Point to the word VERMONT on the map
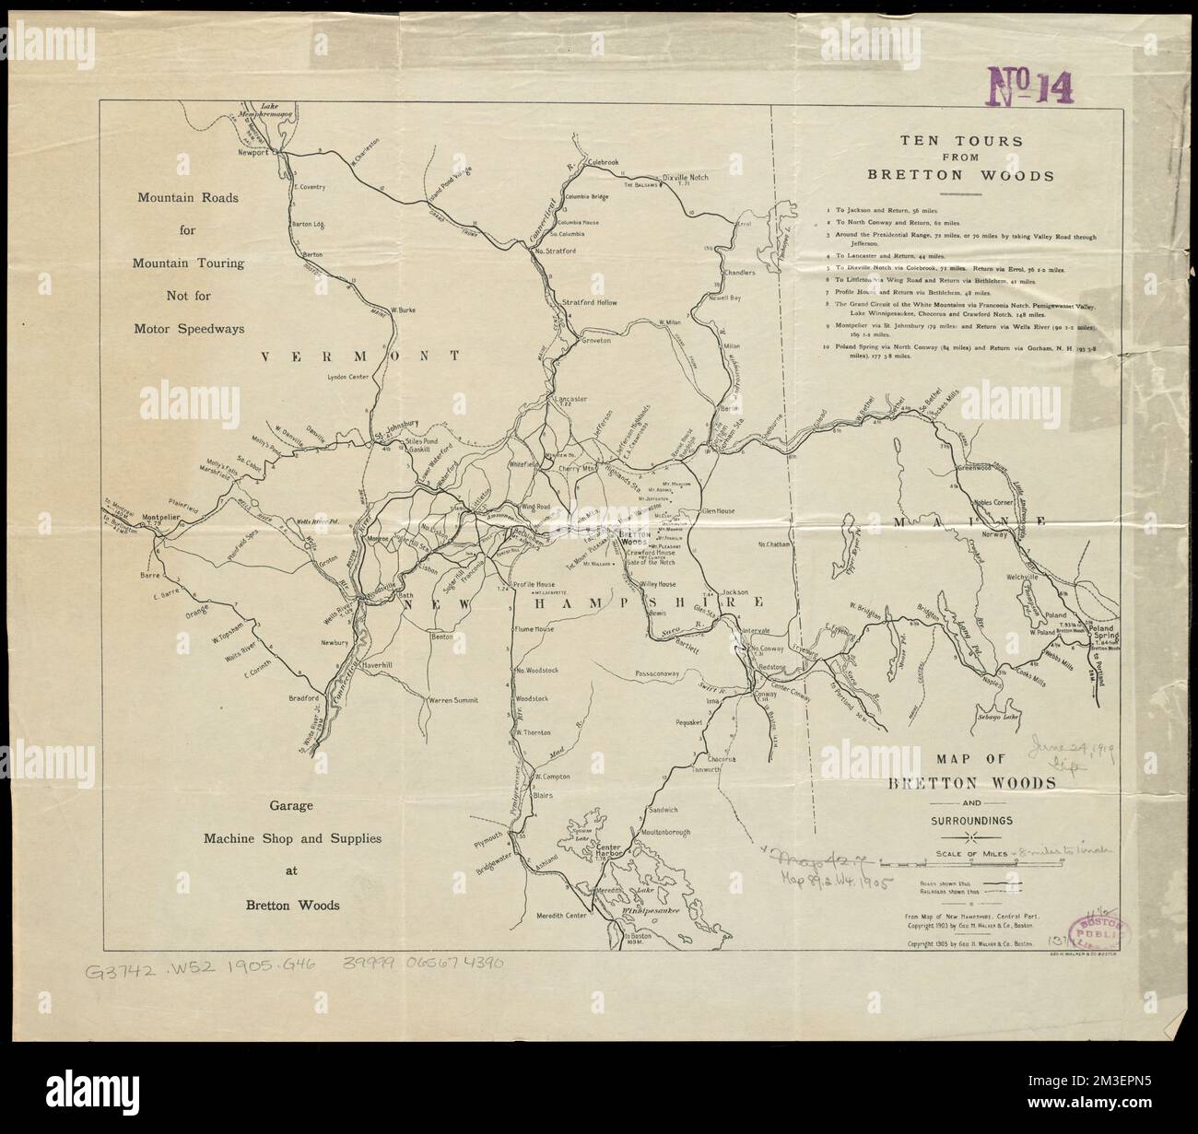[x=354, y=356]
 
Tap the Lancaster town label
[x=571, y=399]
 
